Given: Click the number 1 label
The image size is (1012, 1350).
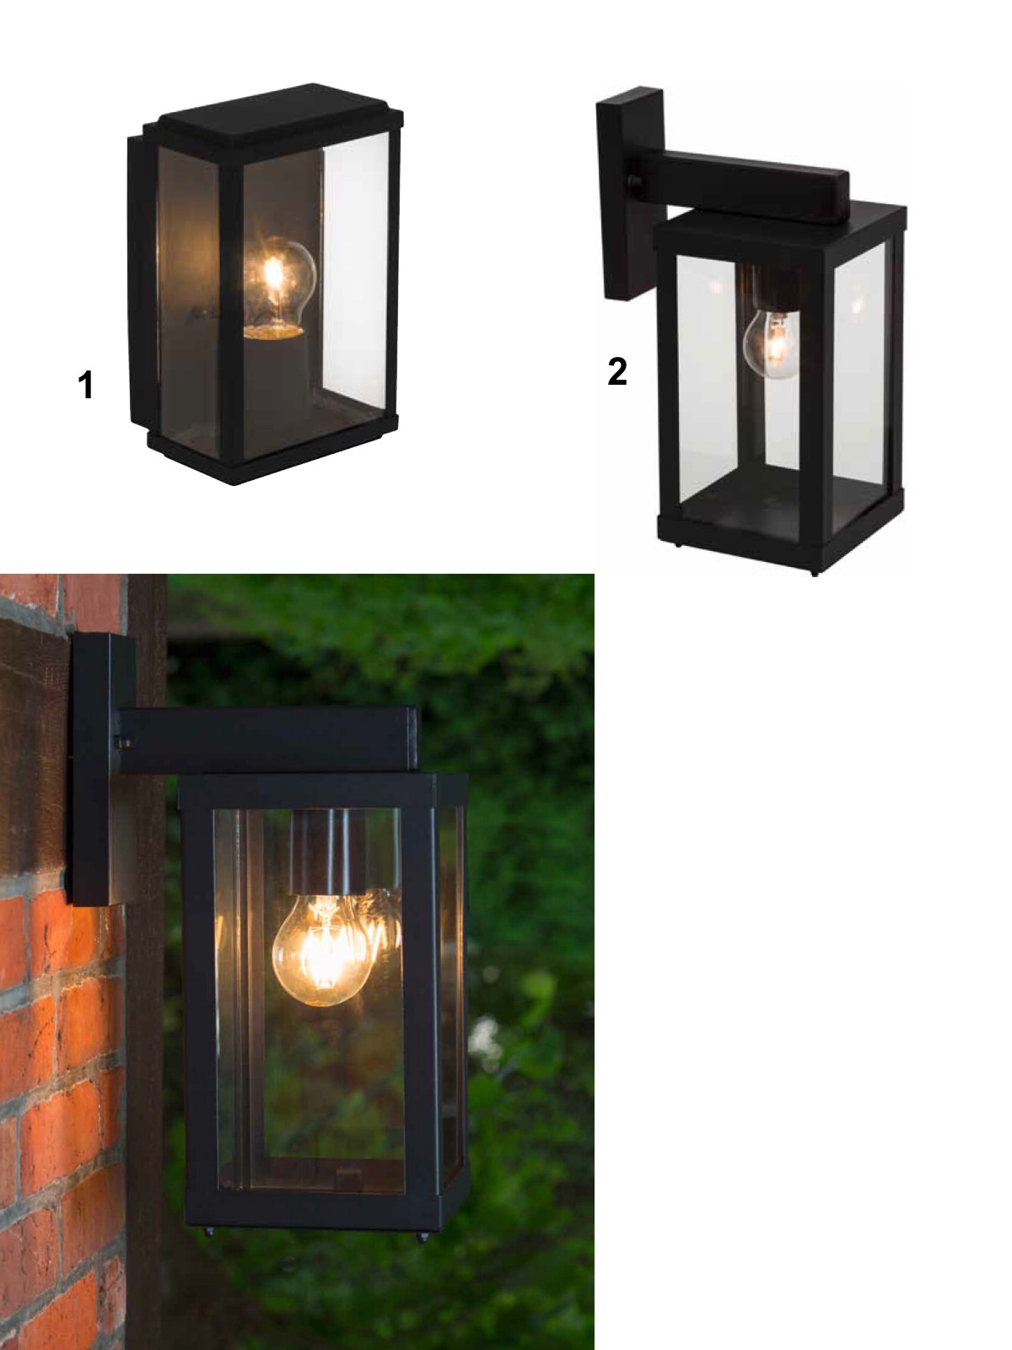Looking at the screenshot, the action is (85, 386).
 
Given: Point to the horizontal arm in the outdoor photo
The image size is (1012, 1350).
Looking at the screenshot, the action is (268, 741).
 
